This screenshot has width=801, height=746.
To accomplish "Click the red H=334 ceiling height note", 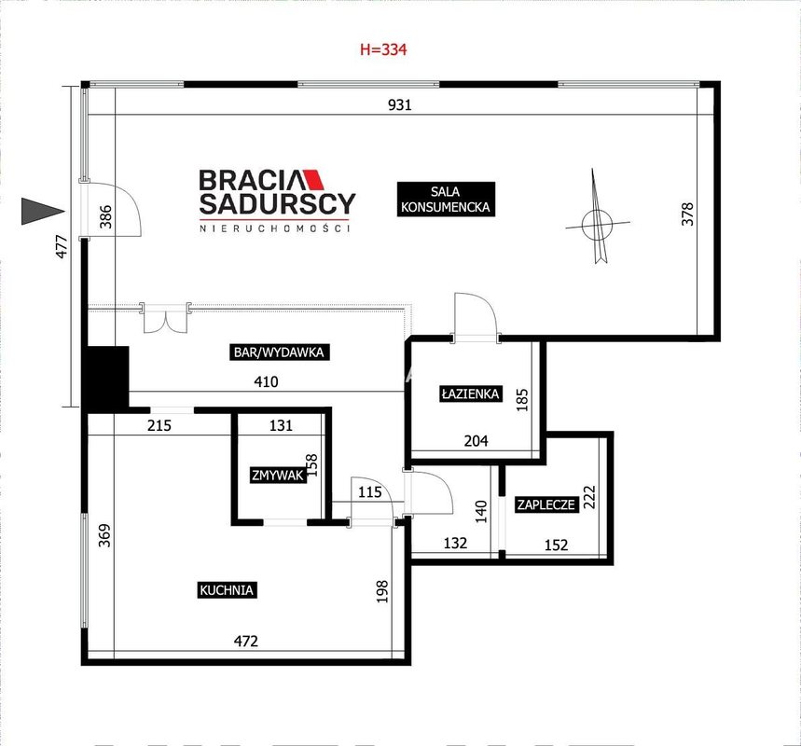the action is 383,49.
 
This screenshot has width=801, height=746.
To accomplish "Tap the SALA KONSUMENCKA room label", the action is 446,200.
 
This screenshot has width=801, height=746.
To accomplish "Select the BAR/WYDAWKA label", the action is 279,352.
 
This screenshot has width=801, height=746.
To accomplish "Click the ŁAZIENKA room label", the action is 470,394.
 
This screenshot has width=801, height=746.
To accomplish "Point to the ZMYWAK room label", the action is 278,476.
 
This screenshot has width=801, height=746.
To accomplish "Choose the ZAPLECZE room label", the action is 546,504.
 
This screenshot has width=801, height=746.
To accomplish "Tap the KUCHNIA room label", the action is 227,590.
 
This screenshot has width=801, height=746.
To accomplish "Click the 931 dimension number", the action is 399,104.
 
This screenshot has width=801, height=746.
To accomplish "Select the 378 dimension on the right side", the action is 687,214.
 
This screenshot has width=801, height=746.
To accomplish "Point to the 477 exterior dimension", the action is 62,246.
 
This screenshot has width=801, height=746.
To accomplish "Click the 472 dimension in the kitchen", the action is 246,641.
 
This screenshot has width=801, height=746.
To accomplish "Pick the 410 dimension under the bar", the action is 266,381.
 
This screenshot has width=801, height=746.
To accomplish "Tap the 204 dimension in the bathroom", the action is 476,440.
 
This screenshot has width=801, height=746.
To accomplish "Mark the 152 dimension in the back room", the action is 557,546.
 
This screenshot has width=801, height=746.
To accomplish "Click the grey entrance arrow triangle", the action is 43,211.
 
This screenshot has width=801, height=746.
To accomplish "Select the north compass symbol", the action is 598,220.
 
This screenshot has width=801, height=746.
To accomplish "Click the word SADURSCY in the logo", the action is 277,204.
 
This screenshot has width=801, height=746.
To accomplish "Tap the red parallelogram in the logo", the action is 314,179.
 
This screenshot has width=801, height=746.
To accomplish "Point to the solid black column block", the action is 105,378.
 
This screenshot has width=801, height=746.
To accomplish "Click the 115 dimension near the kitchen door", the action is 370,492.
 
